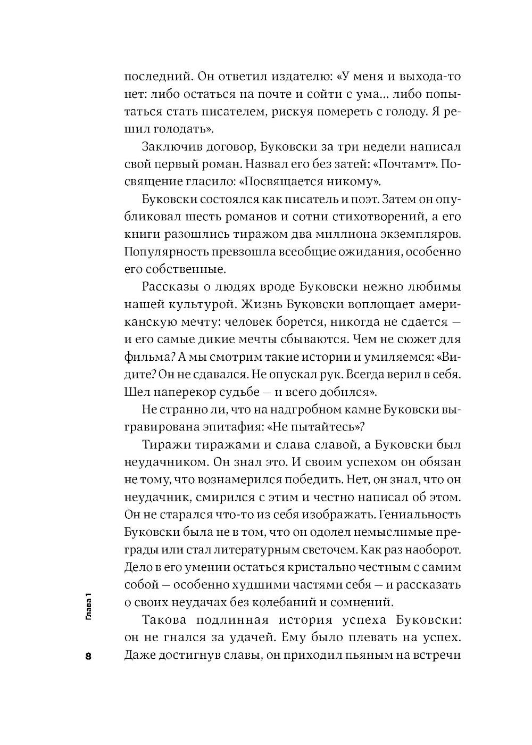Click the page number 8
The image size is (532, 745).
tap(88, 656)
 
